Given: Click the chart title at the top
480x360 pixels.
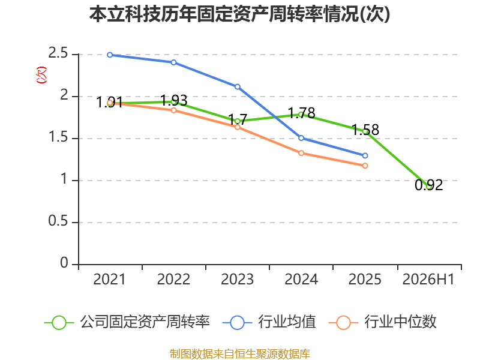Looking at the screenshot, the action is pyautogui.click(x=239, y=14).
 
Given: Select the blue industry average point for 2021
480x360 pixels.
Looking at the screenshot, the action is pyautogui.click(x=110, y=55).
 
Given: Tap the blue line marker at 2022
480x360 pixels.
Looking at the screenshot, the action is pyautogui.click(x=173, y=62).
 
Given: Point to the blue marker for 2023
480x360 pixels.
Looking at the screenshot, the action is pyautogui.click(x=237, y=87).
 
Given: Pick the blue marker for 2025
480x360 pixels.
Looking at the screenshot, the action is pyautogui.click(x=365, y=156).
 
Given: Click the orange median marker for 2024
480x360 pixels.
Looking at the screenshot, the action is pyautogui.click(x=301, y=153).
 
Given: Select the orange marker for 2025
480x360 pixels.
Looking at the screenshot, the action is pyautogui.click(x=365, y=166).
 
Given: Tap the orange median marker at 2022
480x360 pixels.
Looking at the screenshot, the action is pyautogui.click(x=173, y=110).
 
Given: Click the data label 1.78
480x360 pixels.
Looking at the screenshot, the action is pyautogui.click(x=302, y=113).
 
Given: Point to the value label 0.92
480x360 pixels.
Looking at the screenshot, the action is pyautogui.click(x=429, y=185).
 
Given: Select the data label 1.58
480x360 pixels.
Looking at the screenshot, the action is pyautogui.click(x=365, y=130).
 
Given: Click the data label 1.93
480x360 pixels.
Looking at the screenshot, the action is pyautogui.click(x=174, y=101).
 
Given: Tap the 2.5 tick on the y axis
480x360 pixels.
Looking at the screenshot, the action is pyautogui.click(x=58, y=53).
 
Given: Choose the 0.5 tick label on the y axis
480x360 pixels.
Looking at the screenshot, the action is pyautogui.click(x=58, y=221).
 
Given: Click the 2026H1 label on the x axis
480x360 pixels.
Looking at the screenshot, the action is pyautogui.click(x=428, y=279).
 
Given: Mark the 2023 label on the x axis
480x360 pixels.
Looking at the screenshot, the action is pyautogui.click(x=237, y=279).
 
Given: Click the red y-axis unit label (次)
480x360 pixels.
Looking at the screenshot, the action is pyautogui.click(x=41, y=75).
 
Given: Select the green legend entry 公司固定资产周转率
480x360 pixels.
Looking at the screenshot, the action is pyautogui.click(x=127, y=322).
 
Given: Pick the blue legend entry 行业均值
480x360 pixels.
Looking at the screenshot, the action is pyautogui.click(x=269, y=322).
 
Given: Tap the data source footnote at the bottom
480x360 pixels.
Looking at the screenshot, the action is pyautogui.click(x=240, y=354).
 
